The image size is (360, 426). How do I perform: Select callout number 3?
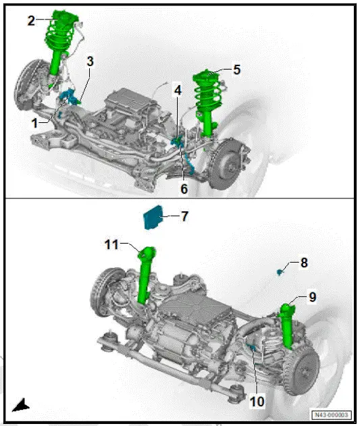point(90,61)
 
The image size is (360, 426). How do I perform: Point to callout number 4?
point(177,90)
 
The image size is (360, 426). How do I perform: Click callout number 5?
point(237,69)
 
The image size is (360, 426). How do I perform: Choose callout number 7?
point(184,217)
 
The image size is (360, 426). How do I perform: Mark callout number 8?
point(303,263)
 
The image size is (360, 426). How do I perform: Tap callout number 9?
point(311,296)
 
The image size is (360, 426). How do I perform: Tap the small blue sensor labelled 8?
point(279,271)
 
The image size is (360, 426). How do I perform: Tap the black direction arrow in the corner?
point(22,405)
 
